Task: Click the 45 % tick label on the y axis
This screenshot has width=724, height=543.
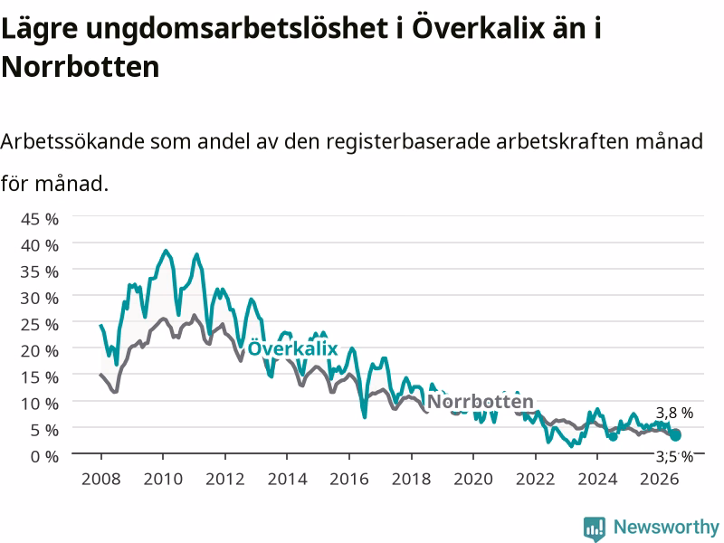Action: pos(40,219)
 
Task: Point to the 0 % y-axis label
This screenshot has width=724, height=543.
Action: pos(44,457)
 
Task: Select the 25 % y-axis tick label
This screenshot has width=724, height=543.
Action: pos(40,325)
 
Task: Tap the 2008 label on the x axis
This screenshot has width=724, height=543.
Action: pos(101,479)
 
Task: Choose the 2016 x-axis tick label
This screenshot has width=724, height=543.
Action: pos(349,479)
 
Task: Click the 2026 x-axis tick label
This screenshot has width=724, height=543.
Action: pos(660,479)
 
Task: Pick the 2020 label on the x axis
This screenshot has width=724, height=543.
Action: pos(473,479)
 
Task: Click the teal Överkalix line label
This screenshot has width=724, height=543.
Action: pos(292,348)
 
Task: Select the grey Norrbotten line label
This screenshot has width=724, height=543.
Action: pos(481,401)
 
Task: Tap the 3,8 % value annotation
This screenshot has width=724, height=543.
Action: pos(674,413)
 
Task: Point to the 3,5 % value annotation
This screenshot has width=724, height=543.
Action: pos(674,457)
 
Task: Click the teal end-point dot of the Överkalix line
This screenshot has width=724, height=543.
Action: pos(675,435)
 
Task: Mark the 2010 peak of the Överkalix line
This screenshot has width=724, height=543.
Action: pos(166,251)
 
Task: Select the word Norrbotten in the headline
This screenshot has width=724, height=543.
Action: pos(81,67)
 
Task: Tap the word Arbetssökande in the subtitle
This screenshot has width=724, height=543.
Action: pos(72,141)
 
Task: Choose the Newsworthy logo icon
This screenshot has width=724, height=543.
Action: pos(595,529)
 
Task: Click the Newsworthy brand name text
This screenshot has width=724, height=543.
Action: pos(666,527)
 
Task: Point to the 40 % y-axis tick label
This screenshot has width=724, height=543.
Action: pos(40,245)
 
